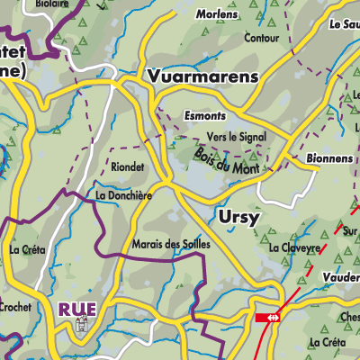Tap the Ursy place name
point(241,217)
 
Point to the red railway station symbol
point(267,318)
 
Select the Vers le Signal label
point(236,137)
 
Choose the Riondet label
point(127,166)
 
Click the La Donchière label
point(121,194)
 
